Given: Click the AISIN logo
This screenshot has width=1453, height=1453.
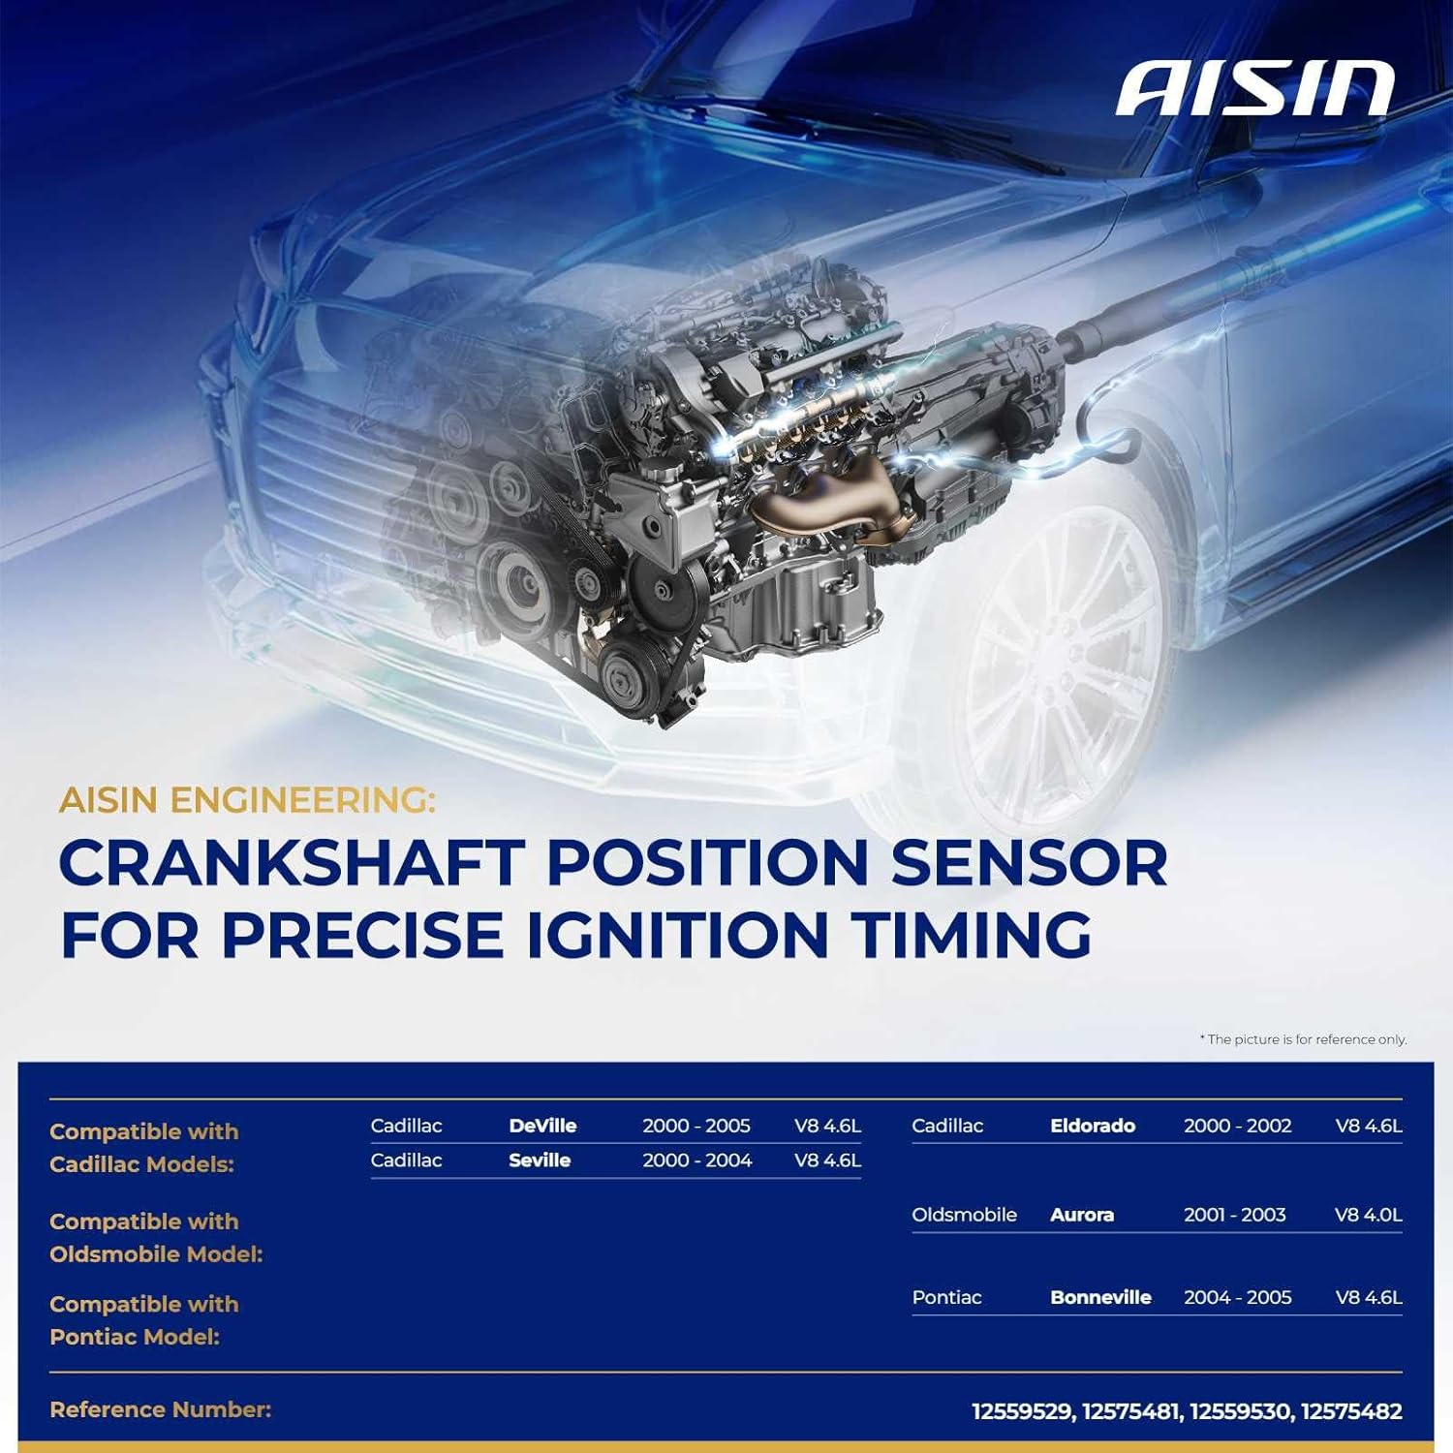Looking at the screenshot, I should [x=1254, y=89].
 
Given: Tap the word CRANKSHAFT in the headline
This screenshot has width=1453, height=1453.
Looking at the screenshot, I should [x=292, y=862].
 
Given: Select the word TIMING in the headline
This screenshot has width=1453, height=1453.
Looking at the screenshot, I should [x=972, y=935].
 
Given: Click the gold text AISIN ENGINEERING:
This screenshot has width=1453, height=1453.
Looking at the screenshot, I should [x=247, y=801].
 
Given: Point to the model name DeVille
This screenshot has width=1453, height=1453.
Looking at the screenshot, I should [x=542, y=1126].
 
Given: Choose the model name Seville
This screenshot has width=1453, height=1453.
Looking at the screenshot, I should [x=540, y=1160].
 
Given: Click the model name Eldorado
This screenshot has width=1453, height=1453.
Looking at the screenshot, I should [x=1093, y=1126].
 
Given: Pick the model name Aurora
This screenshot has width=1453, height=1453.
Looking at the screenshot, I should [x=1082, y=1215].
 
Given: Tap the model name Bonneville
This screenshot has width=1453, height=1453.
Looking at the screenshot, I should [x=1100, y=1297].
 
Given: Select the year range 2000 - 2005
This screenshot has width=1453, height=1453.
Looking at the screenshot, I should [x=696, y=1126].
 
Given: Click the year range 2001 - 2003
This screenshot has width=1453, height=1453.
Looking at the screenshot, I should [x=1235, y=1215].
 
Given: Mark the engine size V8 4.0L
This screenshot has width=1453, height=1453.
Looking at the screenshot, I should [x=1368, y=1215].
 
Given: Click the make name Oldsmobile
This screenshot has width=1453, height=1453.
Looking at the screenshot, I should [x=964, y=1215].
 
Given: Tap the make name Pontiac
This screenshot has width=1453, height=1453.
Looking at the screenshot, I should [x=946, y=1297].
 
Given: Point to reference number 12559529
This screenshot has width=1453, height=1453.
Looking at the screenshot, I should [x=1023, y=1411].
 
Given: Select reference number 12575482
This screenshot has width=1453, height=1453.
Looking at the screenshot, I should [x=1351, y=1411].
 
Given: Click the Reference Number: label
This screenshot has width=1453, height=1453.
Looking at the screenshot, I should [x=160, y=1409].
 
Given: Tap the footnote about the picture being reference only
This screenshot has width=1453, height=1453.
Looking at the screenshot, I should [x=1303, y=1039].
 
